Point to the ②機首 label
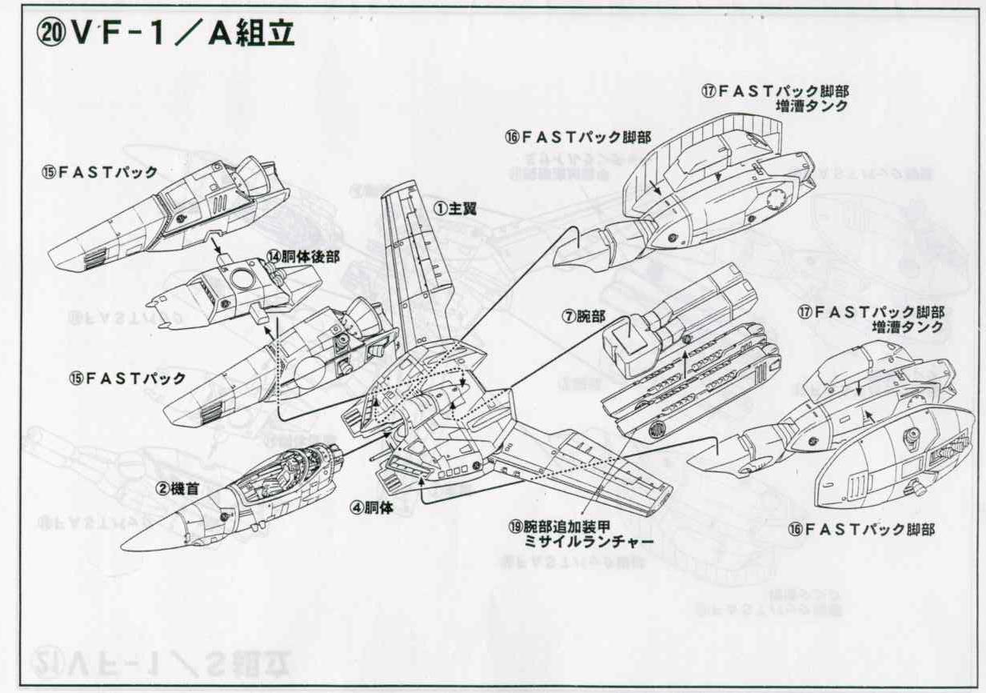[x=178, y=487]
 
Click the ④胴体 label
[x=372, y=507]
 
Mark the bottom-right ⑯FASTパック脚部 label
[x=860, y=529]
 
